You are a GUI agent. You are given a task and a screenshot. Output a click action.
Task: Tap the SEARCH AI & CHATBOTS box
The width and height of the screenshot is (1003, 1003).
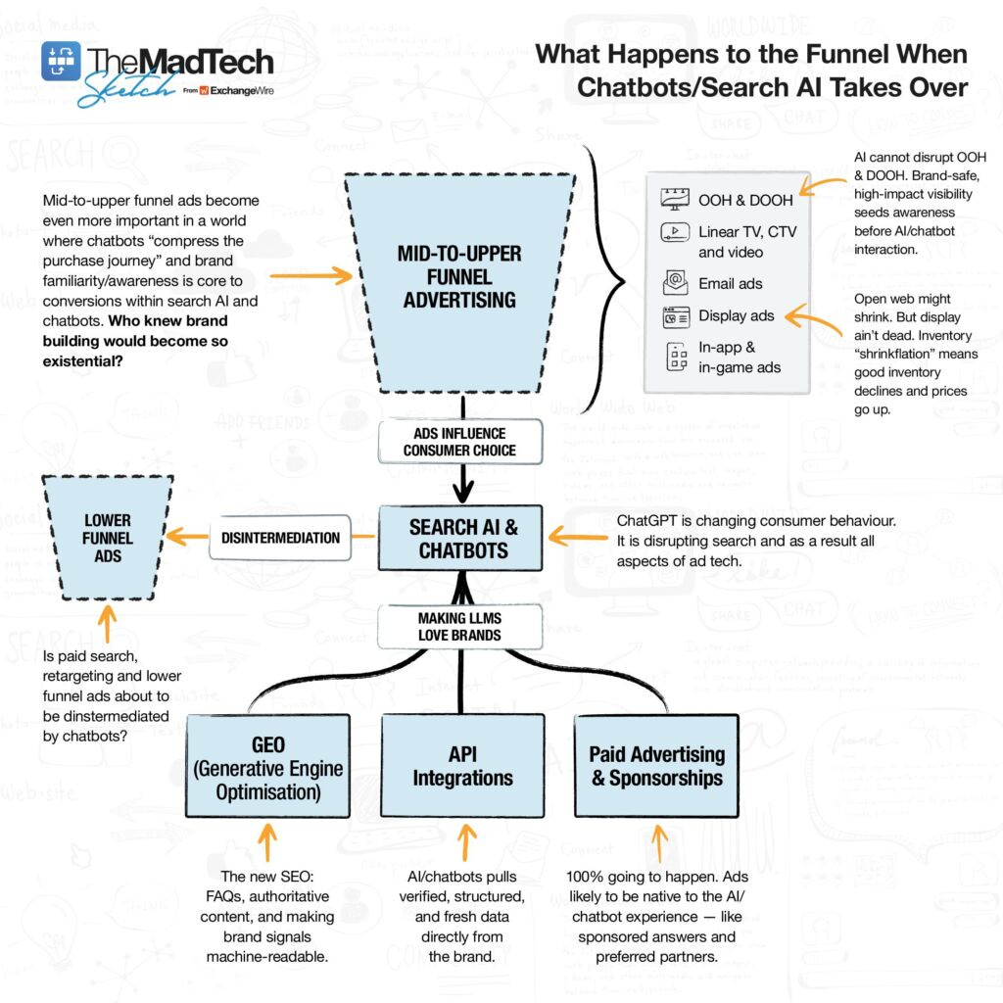pyautogui.click(x=463, y=539)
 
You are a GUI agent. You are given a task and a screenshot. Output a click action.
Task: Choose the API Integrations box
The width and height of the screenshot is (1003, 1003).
pyautogui.click(x=461, y=766)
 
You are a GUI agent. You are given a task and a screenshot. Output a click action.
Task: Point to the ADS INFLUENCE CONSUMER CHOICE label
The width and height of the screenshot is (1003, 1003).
pyautogui.click(x=459, y=442)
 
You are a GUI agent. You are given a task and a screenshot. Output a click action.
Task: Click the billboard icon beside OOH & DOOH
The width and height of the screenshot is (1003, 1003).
pyautogui.click(x=674, y=200)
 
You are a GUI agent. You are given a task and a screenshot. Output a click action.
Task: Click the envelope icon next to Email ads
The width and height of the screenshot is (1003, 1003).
pyautogui.click(x=674, y=283)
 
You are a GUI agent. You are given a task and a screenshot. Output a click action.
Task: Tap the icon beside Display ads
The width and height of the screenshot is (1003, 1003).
pyautogui.click(x=674, y=316)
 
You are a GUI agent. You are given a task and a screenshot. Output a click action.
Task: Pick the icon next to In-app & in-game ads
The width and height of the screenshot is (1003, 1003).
pyautogui.click(x=674, y=357)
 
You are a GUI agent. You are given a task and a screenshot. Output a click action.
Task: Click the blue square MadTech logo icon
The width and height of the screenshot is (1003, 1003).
pyautogui.click(x=61, y=61)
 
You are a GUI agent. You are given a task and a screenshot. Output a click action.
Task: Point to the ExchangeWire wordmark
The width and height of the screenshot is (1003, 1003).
pyautogui.click(x=243, y=90)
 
